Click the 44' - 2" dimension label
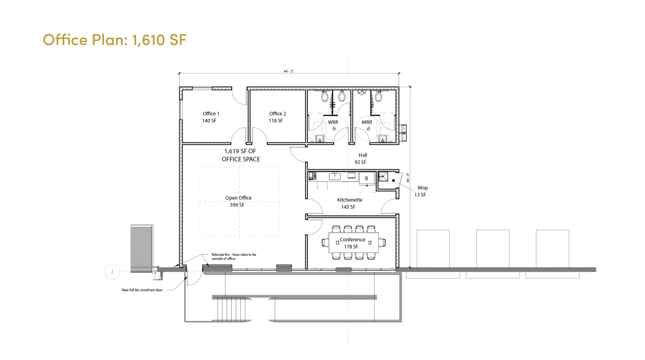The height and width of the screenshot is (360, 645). click(290, 71)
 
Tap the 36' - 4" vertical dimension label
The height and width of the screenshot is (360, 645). click(407, 177)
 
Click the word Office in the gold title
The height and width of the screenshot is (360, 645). click(65, 40)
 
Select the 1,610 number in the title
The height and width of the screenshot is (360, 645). click(148, 40)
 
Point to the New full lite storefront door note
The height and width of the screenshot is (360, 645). click(143, 291)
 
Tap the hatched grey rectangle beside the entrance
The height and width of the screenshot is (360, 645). click(141, 247)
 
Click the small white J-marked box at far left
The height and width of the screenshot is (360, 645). click(112, 270)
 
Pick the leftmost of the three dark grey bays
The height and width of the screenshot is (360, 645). click(433, 249)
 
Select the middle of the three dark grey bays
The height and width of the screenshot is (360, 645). click(493, 249)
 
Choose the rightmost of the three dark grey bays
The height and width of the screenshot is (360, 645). click(551, 249)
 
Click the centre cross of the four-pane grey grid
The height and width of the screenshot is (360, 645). click(238, 202)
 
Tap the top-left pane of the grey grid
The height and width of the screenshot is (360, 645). click(219, 184)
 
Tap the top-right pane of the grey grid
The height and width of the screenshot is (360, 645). click(258, 184)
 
